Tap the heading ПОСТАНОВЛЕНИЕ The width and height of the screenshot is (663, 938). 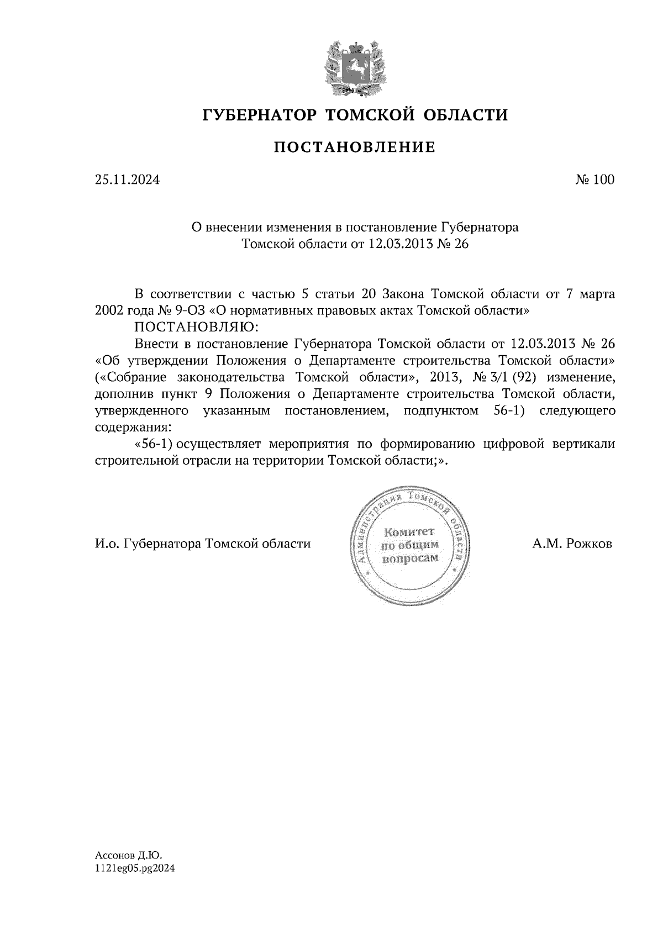coord(354,147)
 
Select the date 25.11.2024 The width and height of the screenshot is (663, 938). coord(127,180)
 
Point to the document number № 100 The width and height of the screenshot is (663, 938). coord(594,180)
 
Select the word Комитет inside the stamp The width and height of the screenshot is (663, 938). coord(410,532)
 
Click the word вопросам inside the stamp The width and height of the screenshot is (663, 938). coord(410,558)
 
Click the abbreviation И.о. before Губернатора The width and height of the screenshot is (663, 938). coord(107,544)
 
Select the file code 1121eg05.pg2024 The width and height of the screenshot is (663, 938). coord(135,868)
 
